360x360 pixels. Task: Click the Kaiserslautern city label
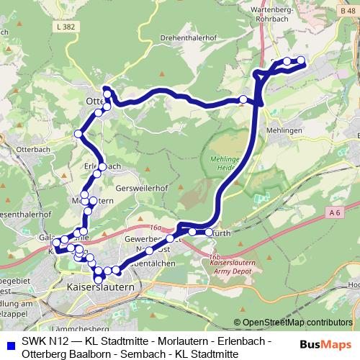pos(100,287)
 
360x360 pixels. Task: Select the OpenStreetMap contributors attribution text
pos(297,323)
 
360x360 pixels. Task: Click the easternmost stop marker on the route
pos(301,60)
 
